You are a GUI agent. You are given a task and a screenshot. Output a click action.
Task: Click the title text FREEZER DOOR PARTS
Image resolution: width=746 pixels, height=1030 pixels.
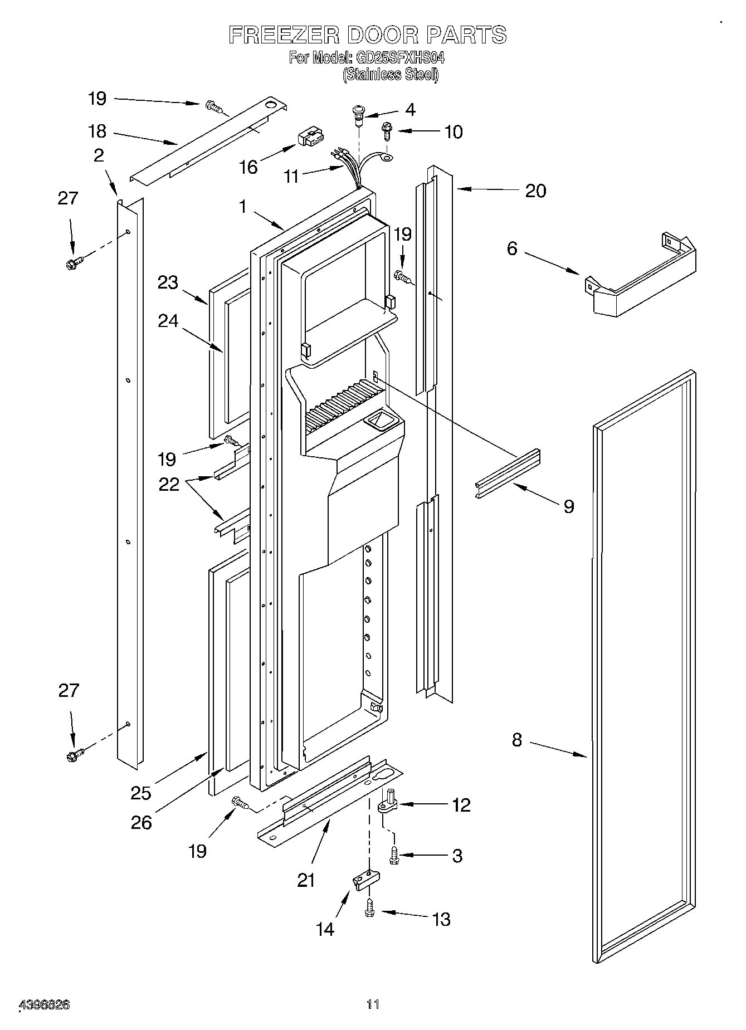pos(368,35)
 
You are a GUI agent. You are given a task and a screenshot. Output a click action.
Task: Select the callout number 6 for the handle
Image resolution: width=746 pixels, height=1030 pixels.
pos(512,248)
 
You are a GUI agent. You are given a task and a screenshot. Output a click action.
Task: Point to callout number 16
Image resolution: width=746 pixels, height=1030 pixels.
pos(249,167)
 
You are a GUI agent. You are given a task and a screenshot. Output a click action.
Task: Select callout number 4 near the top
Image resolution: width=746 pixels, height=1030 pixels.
pos(410,110)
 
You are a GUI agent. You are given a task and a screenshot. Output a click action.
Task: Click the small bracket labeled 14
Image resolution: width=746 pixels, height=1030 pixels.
pos(365,878)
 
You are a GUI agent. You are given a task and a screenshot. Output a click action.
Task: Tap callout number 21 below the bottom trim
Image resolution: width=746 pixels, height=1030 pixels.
pos(306,880)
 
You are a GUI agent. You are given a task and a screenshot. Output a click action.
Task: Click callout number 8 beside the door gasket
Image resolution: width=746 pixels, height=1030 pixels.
pos(517,740)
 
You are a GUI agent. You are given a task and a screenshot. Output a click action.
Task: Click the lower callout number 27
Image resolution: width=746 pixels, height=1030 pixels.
pos(69,691)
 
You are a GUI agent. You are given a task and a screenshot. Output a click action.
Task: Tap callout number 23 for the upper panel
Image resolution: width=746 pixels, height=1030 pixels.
pos(167,282)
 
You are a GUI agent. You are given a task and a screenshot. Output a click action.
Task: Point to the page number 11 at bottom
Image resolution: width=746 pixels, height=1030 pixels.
pos(373,1005)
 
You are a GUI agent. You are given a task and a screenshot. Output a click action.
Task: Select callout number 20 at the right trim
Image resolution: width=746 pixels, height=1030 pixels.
pos(536,191)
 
